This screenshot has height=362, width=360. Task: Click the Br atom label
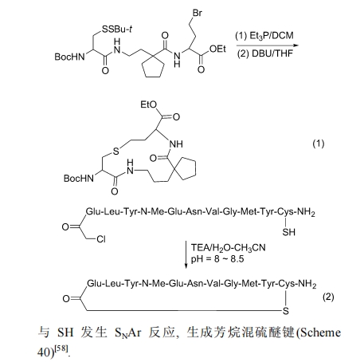[198, 13]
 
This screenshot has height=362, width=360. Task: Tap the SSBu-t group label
[117, 29]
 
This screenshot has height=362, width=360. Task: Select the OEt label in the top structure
[217, 49]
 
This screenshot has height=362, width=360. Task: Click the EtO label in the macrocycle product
[149, 104]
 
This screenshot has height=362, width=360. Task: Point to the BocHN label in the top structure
[69, 57]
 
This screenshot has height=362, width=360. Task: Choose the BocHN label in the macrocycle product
[79, 178]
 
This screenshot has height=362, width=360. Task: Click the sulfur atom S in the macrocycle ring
[116, 151]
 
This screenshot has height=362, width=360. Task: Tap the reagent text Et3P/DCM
[264, 36]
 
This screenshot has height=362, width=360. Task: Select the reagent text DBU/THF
[264, 53]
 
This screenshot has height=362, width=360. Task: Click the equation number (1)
[319, 144]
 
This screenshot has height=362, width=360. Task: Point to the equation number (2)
[328, 297]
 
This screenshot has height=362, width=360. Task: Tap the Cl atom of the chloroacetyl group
[101, 239]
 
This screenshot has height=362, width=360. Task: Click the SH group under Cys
[288, 232]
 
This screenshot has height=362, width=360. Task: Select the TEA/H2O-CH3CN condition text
[229, 248]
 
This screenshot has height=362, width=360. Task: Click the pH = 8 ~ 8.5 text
[217, 258]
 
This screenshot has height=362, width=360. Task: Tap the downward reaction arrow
[186, 255]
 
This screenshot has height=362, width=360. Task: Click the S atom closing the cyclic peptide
[286, 311]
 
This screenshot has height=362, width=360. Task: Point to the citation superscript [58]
[62, 348]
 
